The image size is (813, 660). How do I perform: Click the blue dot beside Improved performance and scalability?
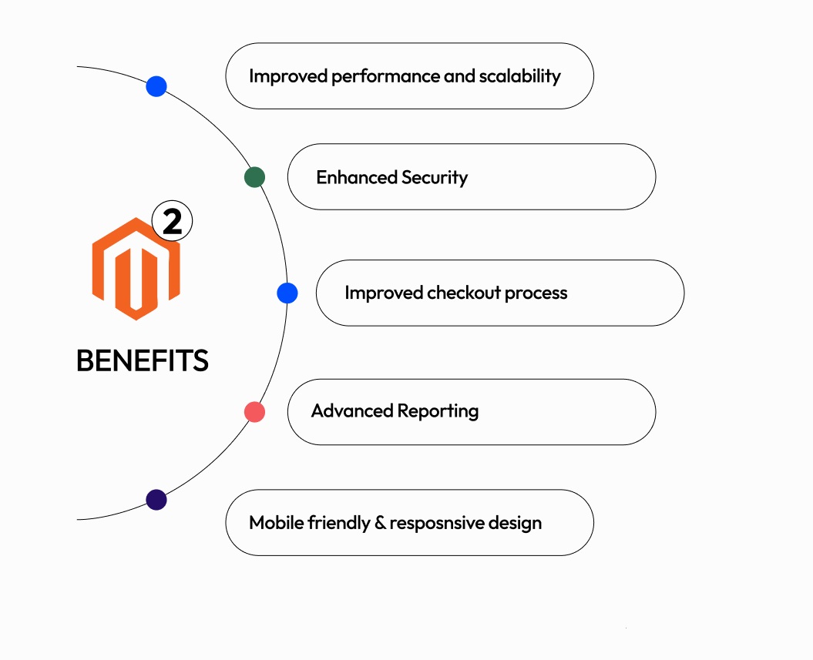[x=156, y=86]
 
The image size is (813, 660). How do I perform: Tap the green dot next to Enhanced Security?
[x=254, y=177]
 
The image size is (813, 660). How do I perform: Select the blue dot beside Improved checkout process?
[x=287, y=293]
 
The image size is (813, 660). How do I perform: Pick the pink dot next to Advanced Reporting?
[x=254, y=412]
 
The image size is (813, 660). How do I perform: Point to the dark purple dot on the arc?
[x=156, y=500]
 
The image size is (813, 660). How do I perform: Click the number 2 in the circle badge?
[x=172, y=222]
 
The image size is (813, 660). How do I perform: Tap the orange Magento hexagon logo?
[x=136, y=269]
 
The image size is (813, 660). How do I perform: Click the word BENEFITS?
[x=143, y=360]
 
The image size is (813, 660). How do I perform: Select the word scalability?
[x=519, y=77]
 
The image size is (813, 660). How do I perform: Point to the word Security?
[x=435, y=178]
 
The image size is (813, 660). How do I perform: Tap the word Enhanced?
[x=357, y=177]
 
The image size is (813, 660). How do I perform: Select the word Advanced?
[x=352, y=410]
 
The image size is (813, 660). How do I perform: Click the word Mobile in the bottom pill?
[x=277, y=522]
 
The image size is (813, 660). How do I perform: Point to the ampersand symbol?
[x=380, y=523]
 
